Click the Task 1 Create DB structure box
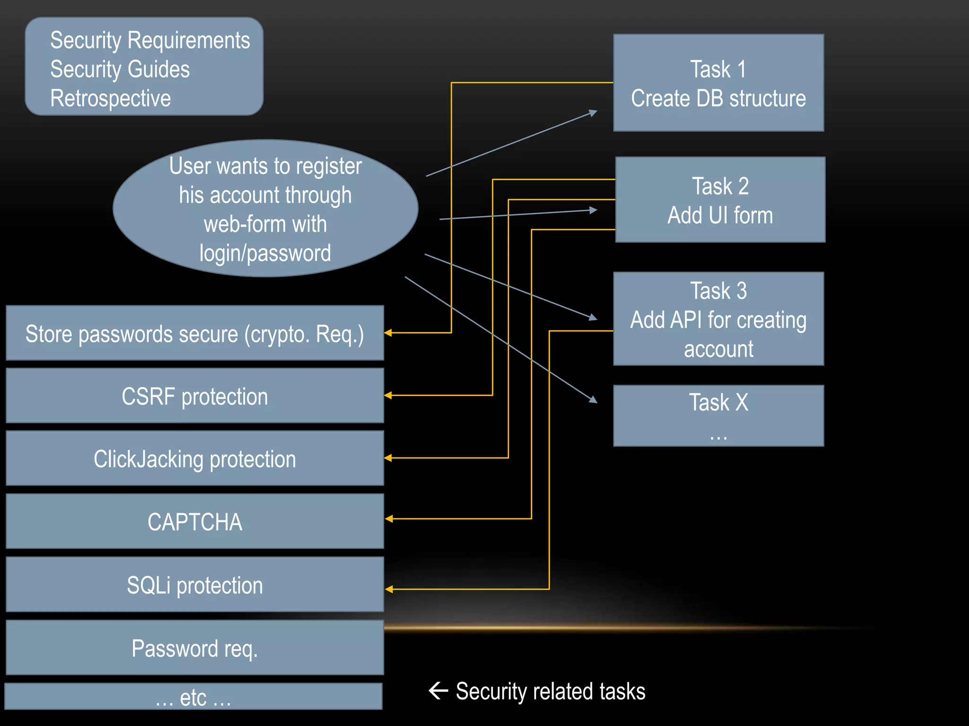point(718,83)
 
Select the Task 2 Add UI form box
point(720,199)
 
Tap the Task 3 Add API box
point(718,319)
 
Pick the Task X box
point(718,415)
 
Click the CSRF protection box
point(194,396)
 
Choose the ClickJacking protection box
point(194,458)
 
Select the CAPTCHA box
point(194,521)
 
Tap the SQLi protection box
point(194,584)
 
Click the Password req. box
point(194,648)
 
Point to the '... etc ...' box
point(193,696)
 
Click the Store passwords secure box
point(194,333)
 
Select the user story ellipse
point(265,208)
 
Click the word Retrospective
point(110,98)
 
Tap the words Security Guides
point(120,69)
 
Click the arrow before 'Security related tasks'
point(438,691)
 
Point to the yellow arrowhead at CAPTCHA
point(389,519)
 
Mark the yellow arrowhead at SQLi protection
point(389,589)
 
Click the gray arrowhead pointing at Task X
point(593,400)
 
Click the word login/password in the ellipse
point(265,253)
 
